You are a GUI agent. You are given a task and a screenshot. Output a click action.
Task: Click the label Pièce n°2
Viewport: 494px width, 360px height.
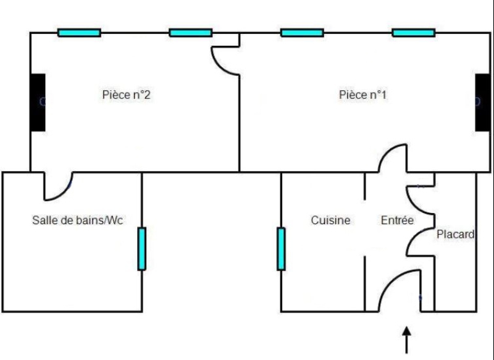coord(126,95)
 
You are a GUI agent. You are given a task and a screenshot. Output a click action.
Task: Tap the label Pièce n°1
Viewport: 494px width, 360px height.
coord(363,95)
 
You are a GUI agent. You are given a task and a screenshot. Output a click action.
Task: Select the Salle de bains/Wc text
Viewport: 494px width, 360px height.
coord(78,220)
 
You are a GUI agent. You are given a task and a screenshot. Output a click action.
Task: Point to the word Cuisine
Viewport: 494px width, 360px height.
coord(330,220)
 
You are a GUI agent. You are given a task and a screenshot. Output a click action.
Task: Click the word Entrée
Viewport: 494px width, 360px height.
coord(397,220)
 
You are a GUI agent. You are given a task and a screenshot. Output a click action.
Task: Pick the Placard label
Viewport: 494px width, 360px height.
coord(455,235)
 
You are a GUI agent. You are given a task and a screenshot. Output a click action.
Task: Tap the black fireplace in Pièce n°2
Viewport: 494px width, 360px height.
coord(38,102)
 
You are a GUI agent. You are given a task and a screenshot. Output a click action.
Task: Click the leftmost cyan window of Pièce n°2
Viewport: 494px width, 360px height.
coord(79,33)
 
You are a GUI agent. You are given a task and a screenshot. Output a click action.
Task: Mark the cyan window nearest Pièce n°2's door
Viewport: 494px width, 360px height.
coord(191,33)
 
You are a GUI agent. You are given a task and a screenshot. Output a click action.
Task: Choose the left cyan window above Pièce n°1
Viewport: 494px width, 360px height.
coord(302,33)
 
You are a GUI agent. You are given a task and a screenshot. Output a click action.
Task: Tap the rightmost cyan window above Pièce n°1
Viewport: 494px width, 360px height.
coord(413,33)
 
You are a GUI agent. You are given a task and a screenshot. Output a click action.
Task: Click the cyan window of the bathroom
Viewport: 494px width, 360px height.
coord(141,248)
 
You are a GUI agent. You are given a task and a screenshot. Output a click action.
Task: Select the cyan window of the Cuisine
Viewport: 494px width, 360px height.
coord(281,248)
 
